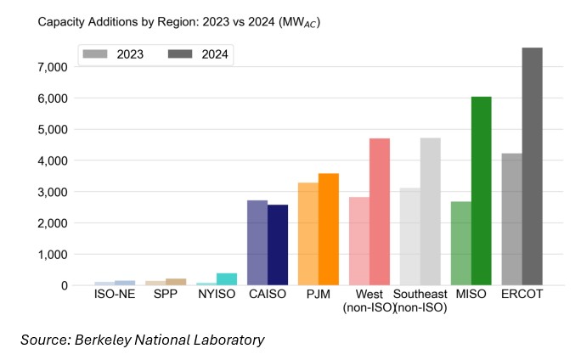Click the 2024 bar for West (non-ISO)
[379, 211]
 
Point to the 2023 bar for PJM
[308, 233]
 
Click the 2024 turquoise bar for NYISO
[227, 279]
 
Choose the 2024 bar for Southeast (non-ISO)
[430, 211]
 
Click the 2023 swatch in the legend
[95, 54]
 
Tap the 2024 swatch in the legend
[179, 54]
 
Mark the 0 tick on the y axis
[63, 286]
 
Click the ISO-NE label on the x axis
[115, 295]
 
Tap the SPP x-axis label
[166, 295]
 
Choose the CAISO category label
[268, 295]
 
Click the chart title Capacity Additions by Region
[119, 21]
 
